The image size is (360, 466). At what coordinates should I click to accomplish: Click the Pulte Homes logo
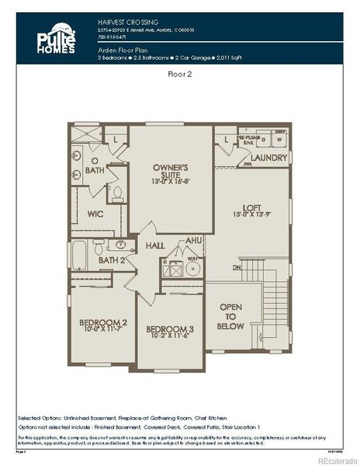pyautogui.click(x=55, y=39)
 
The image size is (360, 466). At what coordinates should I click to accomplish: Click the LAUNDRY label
pyautogui.click(x=268, y=158)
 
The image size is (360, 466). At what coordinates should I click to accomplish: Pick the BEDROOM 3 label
pyautogui.click(x=171, y=329)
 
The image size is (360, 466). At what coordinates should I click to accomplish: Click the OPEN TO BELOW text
pyautogui.click(x=231, y=316)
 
